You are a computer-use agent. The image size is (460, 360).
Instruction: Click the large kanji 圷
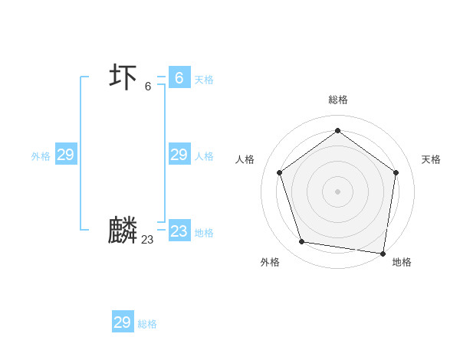[x=123, y=77]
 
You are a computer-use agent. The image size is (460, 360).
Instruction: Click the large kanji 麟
[x=123, y=231]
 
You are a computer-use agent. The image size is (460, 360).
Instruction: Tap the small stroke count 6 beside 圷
[x=148, y=86]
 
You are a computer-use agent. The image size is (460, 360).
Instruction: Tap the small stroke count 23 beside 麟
[x=147, y=240]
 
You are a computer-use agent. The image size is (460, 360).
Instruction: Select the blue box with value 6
[x=179, y=77]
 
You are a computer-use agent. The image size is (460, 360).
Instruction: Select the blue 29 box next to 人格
[x=179, y=155]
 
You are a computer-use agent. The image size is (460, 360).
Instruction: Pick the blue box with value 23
[x=179, y=231]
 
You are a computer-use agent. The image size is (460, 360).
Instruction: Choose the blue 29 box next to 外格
[x=65, y=155]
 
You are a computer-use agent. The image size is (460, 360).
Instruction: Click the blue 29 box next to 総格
[x=123, y=322]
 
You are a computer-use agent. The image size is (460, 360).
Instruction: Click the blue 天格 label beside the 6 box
[x=204, y=80]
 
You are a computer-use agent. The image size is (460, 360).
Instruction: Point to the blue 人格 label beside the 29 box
[x=204, y=156]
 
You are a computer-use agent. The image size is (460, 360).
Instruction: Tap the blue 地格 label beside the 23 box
[x=204, y=233]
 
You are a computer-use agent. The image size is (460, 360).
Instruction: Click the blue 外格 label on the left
[x=41, y=156]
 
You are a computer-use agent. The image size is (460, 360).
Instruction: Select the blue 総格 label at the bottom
[x=147, y=324]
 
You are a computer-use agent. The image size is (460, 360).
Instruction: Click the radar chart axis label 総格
[x=337, y=100]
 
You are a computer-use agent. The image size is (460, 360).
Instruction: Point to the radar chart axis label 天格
[x=431, y=159]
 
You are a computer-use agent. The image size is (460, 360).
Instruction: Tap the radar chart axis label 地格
[x=402, y=262]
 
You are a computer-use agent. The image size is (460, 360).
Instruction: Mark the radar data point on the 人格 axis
[x=280, y=172]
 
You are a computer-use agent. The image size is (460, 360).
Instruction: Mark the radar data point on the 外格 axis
[x=302, y=242]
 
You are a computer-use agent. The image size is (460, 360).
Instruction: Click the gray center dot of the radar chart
[x=337, y=191]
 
